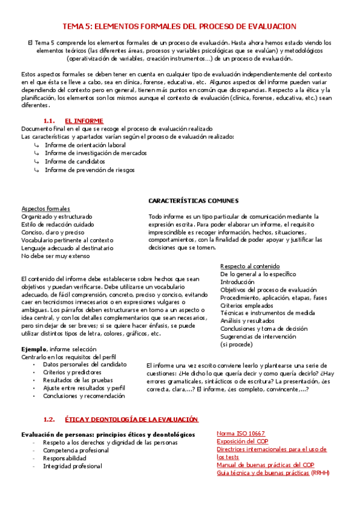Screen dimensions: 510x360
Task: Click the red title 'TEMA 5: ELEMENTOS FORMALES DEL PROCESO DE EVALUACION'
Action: [x=180, y=26]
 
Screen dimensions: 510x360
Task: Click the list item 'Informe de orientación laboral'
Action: [x=85, y=145]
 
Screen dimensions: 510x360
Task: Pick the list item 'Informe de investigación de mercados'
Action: [x=96, y=153]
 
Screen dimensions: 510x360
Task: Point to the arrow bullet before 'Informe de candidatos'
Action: [x=37, y=162]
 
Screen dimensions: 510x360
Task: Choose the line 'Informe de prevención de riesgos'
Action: [x=90, y=170]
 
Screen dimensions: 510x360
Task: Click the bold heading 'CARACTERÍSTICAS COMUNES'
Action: [x=193, y=200]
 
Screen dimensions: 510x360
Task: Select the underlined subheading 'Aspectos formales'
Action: [x=45, y=208]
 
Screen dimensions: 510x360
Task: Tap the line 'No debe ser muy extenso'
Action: [x=55, y=256]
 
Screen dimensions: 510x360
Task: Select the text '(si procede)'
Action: [x=237, y=345]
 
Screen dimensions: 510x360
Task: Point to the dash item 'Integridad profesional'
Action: [x=72, y=466]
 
